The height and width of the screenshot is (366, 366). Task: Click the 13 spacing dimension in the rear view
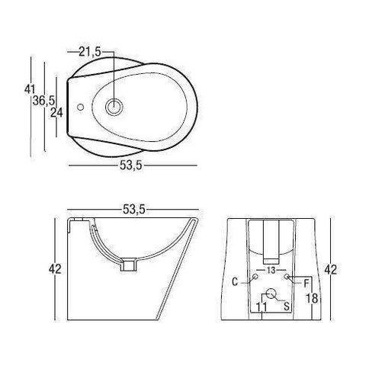coord(271,271)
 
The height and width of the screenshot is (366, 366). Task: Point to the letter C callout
coord(236,281)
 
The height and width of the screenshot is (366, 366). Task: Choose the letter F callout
coord(306,282)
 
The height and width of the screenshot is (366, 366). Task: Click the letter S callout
coord(286,305)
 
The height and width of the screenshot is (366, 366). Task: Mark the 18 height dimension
coord(311,298)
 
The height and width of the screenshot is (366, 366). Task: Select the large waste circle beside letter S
coord(271,294)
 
